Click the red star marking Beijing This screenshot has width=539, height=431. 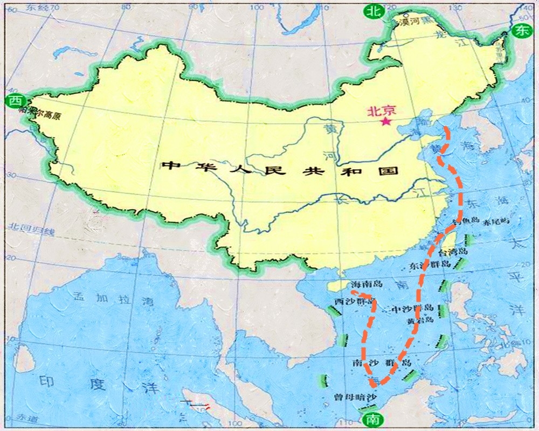tap(385, 122)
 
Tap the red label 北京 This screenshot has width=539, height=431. tap(381, 111)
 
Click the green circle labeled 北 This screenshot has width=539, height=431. tap(372, 11)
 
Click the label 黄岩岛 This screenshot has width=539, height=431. tap(420, 320)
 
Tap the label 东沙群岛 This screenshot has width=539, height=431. tap(429, 265)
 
